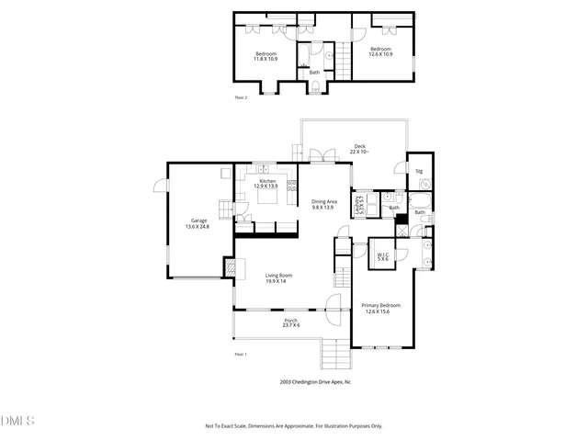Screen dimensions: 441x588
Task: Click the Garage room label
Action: [x=199, y=222]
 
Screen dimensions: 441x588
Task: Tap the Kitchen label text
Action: [x=267, y=184]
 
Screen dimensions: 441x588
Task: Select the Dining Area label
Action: [x=324, y=205]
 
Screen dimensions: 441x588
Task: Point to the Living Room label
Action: [x=278, y=277]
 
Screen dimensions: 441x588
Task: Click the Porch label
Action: [x=290, y=322]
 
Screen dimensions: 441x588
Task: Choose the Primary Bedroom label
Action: [x=380, y=308]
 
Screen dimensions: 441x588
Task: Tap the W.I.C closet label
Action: [x=383, y=257]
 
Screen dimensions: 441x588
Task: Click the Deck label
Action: [x=360, y=149]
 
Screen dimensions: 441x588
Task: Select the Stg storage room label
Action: [x=419, y=171]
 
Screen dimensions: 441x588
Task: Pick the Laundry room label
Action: [x=361, y=205]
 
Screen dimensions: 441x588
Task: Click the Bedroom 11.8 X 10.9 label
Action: [x=266, y=56]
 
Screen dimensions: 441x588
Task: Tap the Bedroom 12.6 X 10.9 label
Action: [x=380, y=51]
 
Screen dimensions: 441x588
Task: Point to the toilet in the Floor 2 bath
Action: [x=315, y=87]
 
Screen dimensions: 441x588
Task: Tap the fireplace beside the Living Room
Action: [x=229, y=266]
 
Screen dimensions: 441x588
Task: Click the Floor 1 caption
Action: [x=241, y=354]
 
